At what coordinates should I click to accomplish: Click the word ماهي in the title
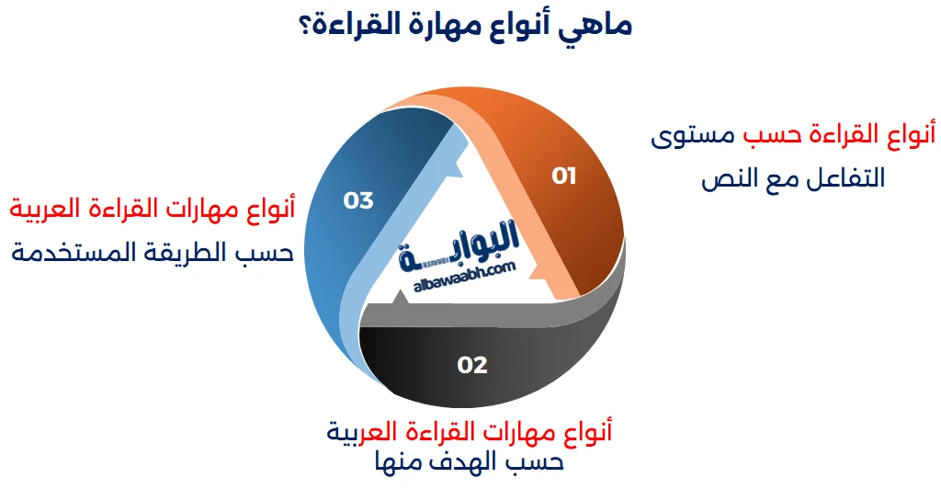pyautogui.click(x=595, y=27)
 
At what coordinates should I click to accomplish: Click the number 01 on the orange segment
pyautogui.click(x=563, y=176)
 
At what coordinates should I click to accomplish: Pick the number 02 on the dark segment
pyautogui.click(x=471, y=365)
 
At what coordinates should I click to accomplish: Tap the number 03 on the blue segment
pyautogui.click(x=358, y=200)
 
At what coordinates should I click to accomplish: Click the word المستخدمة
pyautogui.click(x=64, y=252)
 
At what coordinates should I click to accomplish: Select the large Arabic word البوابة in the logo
pyautogui.click(x=459, y=245)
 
